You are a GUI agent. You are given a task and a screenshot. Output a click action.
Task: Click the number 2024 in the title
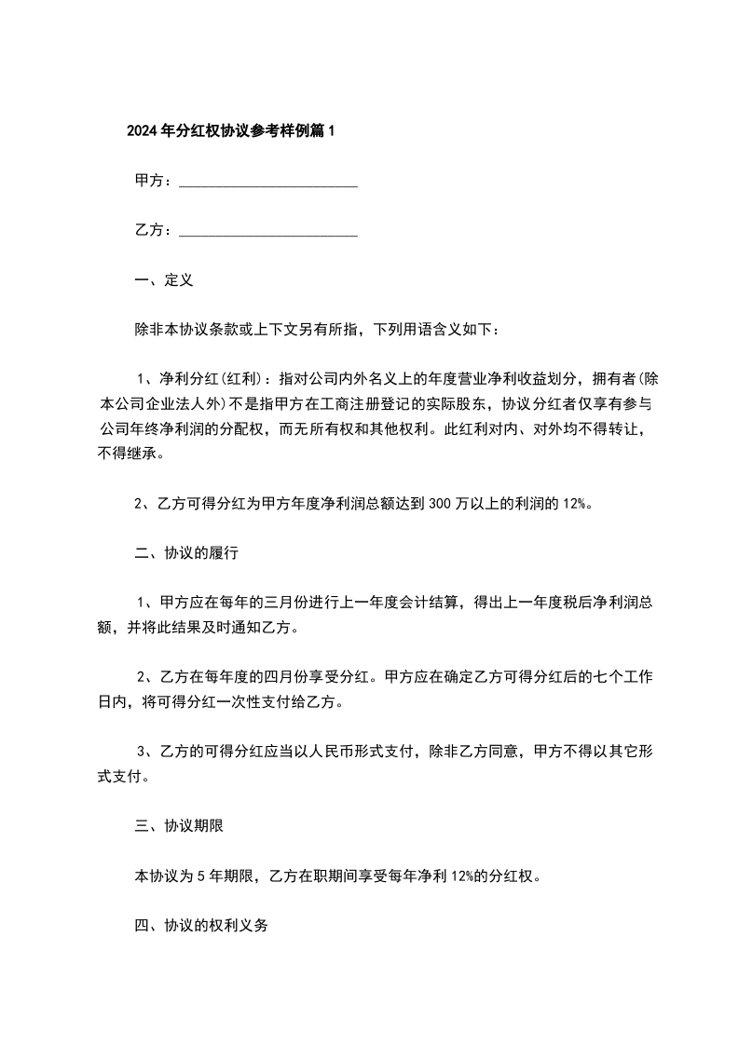pos(142,131)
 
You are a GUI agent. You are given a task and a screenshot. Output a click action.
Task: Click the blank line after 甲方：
pos(267,183)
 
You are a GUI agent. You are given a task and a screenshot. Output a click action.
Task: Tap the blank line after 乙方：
pos(267,231)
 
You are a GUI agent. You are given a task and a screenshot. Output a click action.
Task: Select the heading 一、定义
pos(163,279)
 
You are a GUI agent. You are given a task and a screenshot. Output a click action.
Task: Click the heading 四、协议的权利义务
pos(201,928)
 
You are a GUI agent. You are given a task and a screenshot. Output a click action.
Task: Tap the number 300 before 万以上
pos(439,504)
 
